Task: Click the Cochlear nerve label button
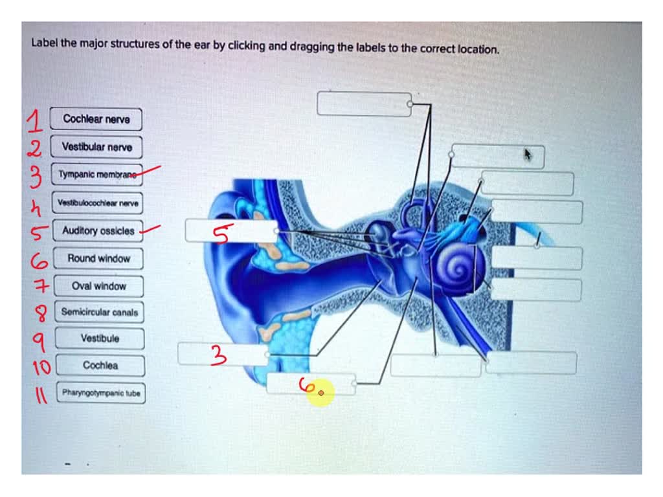pos(96,119)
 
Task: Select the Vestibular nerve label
pos(96,147)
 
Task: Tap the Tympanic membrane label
pos(96,175)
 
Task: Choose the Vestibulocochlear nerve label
pos(98,203)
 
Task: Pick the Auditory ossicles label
pos(98,231)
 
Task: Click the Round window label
pos(98,259)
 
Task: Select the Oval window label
pos(99,286)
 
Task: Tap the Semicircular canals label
pos(99,312)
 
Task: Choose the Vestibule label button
pos(100,338)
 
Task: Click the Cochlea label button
pos(100,366)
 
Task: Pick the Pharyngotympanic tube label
pos(100,393)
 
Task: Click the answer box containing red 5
pos(231,231)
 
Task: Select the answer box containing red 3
pos(223,354)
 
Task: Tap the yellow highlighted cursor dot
pos(321,393)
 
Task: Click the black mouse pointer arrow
pos(528,154)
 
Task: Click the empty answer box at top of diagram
pos(364,104)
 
